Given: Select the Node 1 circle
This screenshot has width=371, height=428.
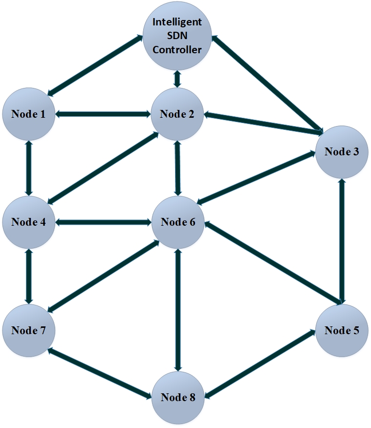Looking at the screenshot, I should point(29,114).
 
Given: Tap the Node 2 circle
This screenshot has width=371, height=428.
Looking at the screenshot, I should point(177,114).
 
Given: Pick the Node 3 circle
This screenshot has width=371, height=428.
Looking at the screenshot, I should point(342,151).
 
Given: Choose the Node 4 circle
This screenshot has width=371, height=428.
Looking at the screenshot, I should point(29,222).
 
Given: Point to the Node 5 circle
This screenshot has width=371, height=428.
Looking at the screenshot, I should point(342,330).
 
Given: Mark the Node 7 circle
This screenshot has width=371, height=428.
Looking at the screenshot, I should point(29,330).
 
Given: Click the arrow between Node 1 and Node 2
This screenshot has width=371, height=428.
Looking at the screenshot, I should point(103,114).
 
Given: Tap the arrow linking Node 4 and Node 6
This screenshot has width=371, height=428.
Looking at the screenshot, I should point(103,222).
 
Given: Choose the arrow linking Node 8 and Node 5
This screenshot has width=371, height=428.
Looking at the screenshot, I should point(259,364).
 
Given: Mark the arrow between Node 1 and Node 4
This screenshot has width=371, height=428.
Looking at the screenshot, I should point(29,168).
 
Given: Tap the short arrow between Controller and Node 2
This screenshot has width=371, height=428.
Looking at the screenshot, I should point(177,77).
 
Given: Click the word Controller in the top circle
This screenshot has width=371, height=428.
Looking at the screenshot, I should point(177,49).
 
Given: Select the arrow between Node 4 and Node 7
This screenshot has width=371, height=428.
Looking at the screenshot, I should point(29,276).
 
